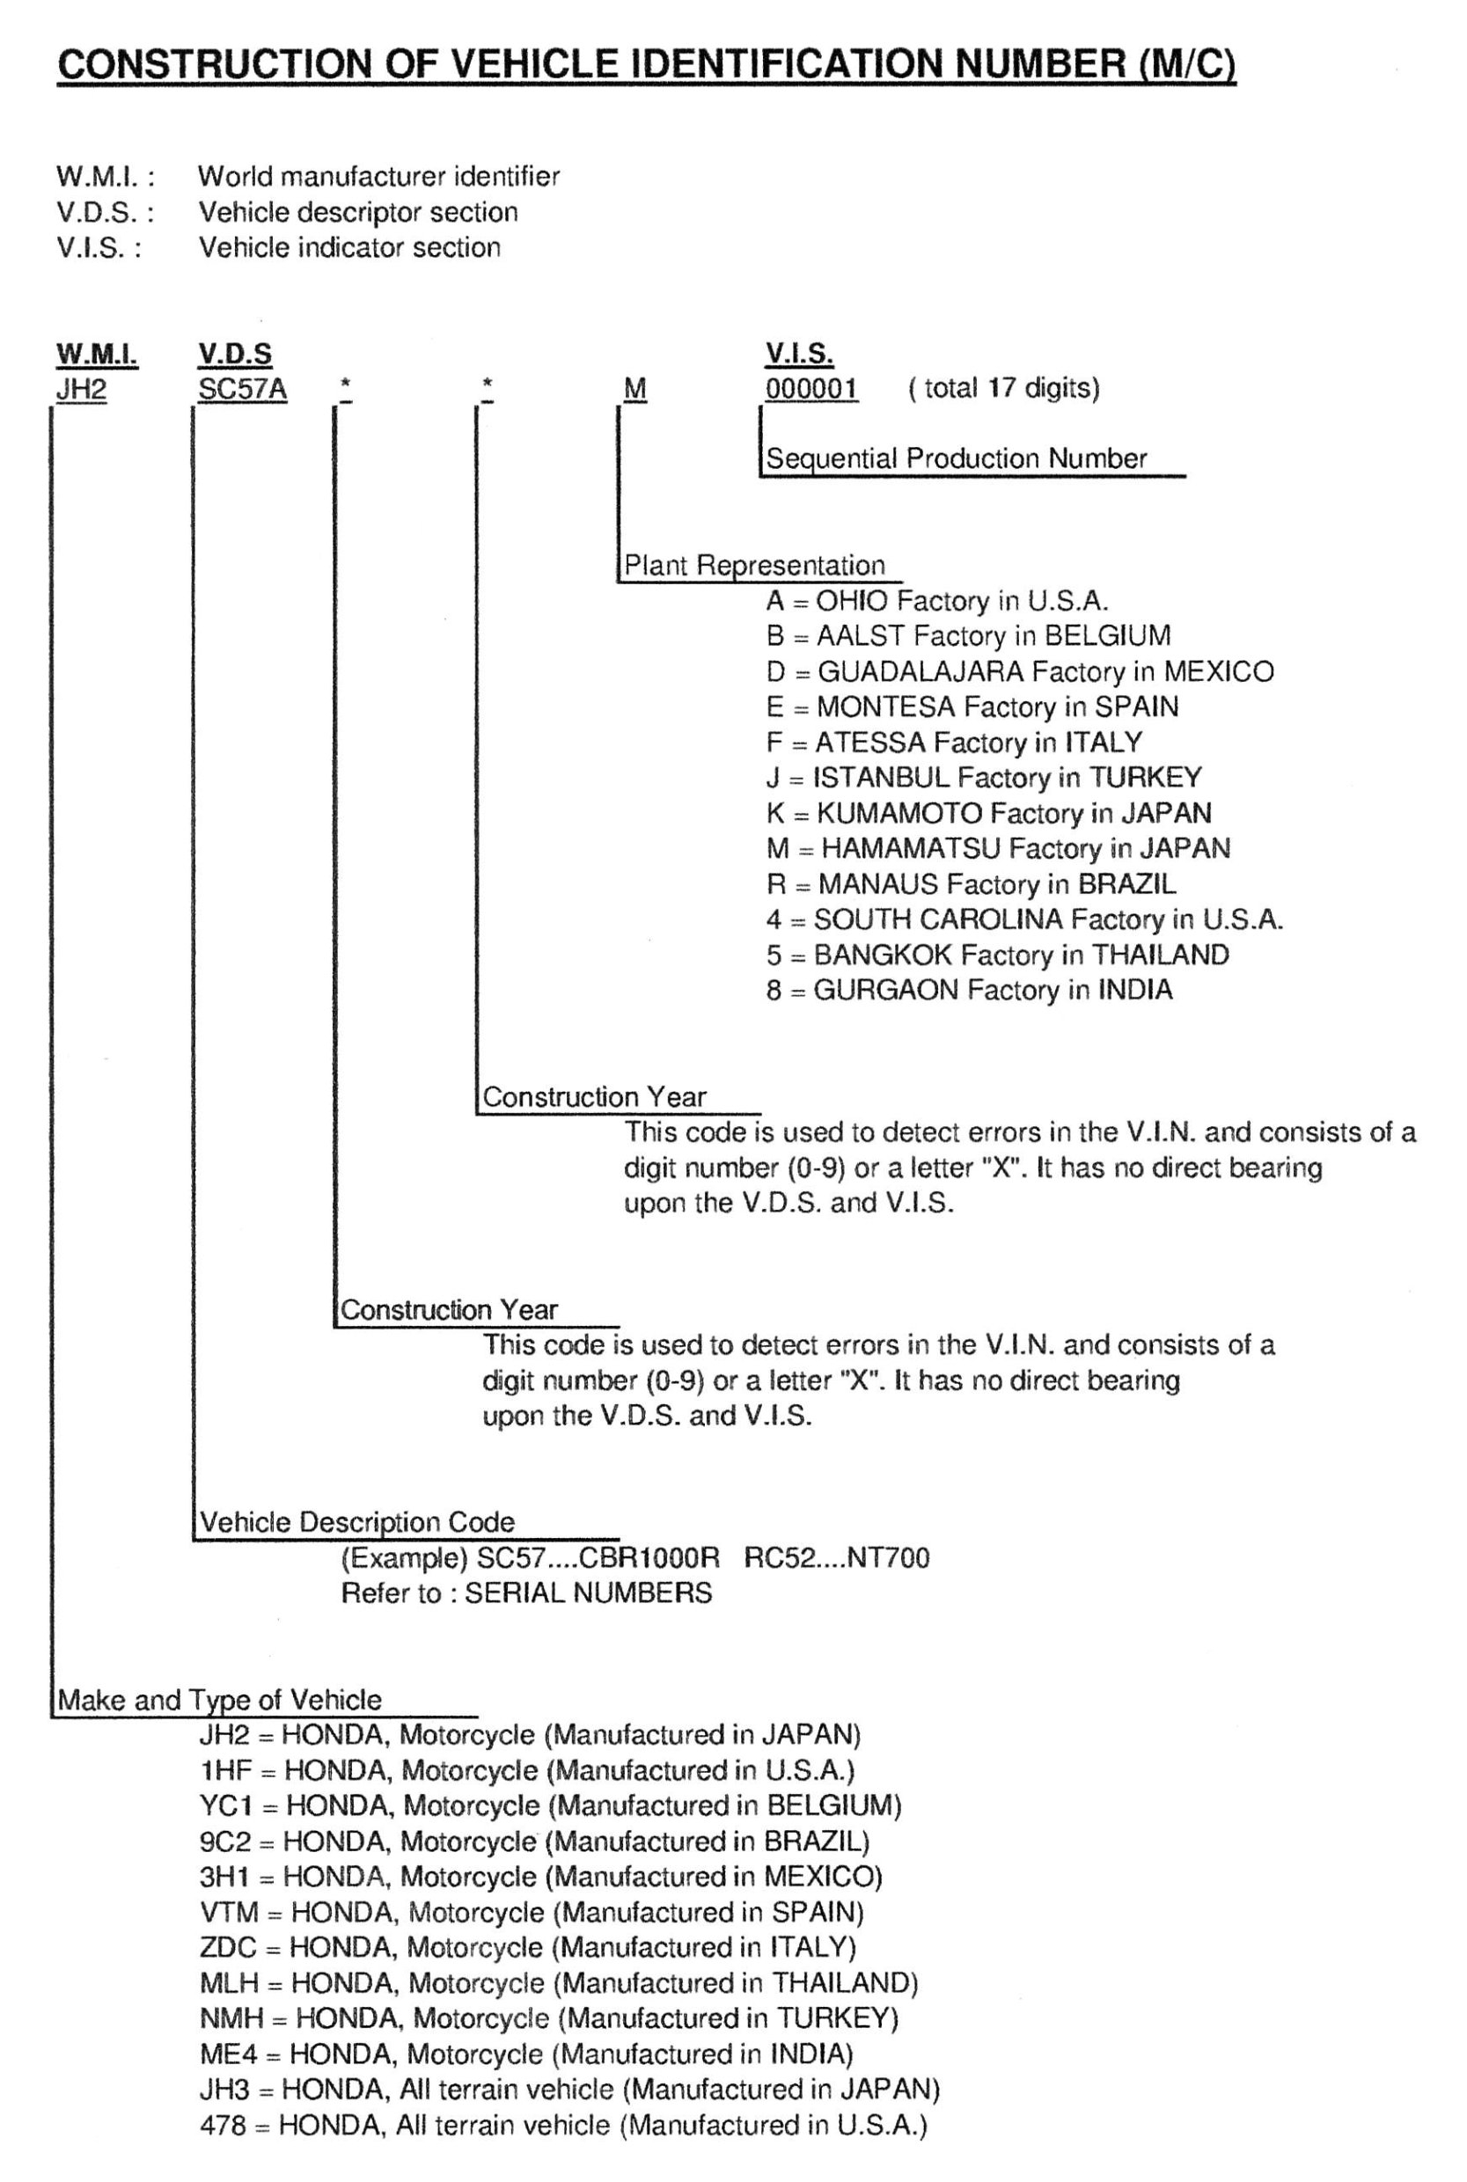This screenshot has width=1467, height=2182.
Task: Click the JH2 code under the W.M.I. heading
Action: click(x=80, y=389)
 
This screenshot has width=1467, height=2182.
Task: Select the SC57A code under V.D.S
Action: click(x=242, y=389)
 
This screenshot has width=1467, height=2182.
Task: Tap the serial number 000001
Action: click(x=811, y=389)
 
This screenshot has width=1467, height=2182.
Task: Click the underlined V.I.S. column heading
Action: click(x=799, y=355)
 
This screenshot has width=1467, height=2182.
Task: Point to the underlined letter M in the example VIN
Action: click(x=634, y=389)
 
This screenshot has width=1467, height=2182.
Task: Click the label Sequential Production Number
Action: click(x=957, y=458)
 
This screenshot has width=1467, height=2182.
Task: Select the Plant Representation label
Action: click(x=754, y=565)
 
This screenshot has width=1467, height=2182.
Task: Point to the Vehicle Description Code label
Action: click(x=357, y=1522)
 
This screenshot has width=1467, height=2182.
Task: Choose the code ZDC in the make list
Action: click(x=227, y=1947)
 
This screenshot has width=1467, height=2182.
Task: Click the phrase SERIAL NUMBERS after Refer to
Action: click(x=588, y=1593)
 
